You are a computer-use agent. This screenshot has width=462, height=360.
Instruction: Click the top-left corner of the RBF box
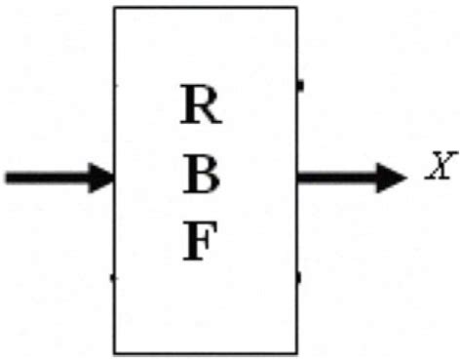tap(115, 9)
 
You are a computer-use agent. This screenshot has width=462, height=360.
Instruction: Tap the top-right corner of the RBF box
tap(295, 9)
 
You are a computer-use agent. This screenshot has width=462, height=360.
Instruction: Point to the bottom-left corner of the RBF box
tap(115, 352)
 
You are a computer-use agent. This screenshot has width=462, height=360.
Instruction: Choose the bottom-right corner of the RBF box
tap(295, 352)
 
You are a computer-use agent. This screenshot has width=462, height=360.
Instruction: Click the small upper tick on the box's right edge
tap(298, 87)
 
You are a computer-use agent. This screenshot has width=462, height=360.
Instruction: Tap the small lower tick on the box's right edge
tap(298, 278)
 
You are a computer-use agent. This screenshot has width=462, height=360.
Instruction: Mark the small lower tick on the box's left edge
tap(113, 278)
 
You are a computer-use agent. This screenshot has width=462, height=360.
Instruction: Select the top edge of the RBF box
tap(205, 9)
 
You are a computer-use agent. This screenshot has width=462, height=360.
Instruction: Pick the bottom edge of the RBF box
tap(205, 352)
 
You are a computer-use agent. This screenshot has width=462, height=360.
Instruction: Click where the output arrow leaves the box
tap(297, 178)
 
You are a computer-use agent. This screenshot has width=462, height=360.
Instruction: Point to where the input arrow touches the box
tap(114, 178)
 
